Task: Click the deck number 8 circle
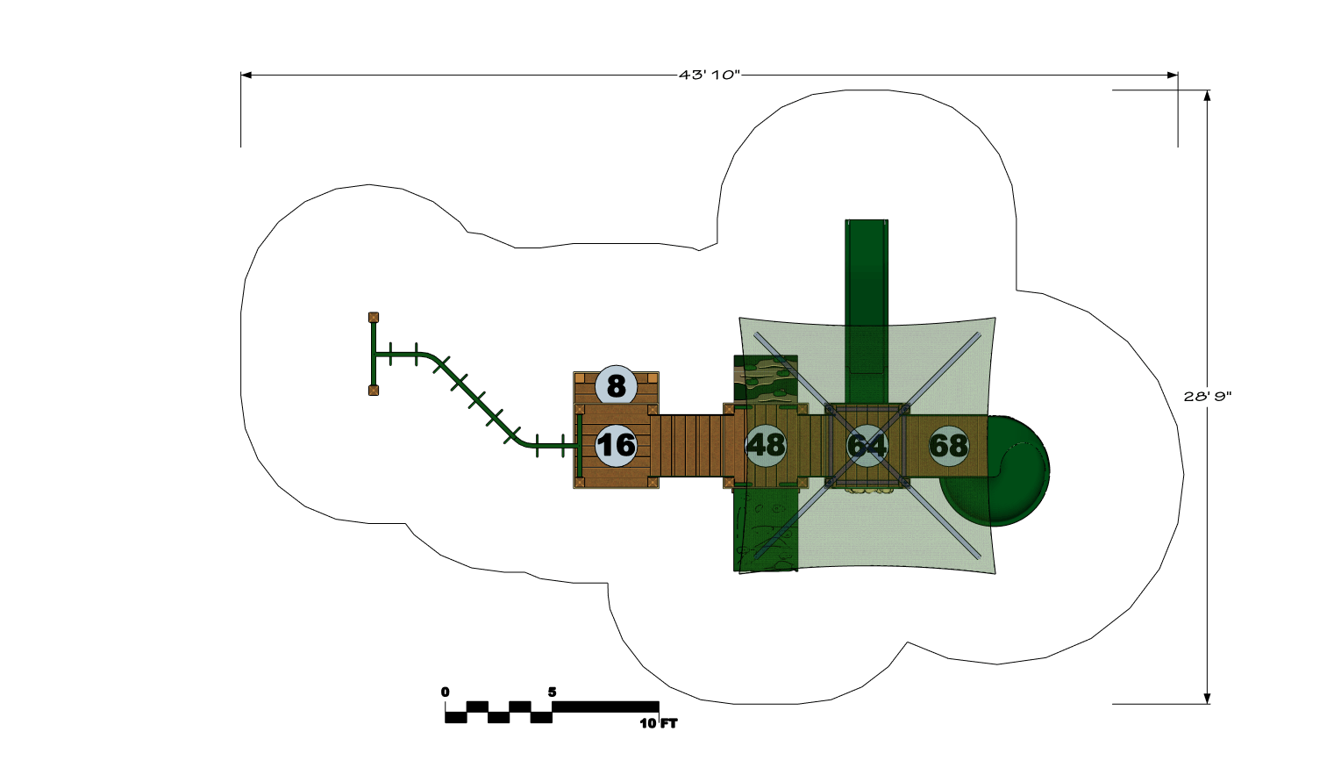(616, 385)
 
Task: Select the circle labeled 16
(616, 445)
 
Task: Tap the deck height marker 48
(766, 445)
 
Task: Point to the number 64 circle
(867, 445)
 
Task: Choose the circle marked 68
(949, 445)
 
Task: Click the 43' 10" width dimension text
(709, 75)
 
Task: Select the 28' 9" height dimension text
(1207, 397)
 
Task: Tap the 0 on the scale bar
(445, 692)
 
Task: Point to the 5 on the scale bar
(552, 692)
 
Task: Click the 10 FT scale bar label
(659, 723)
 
